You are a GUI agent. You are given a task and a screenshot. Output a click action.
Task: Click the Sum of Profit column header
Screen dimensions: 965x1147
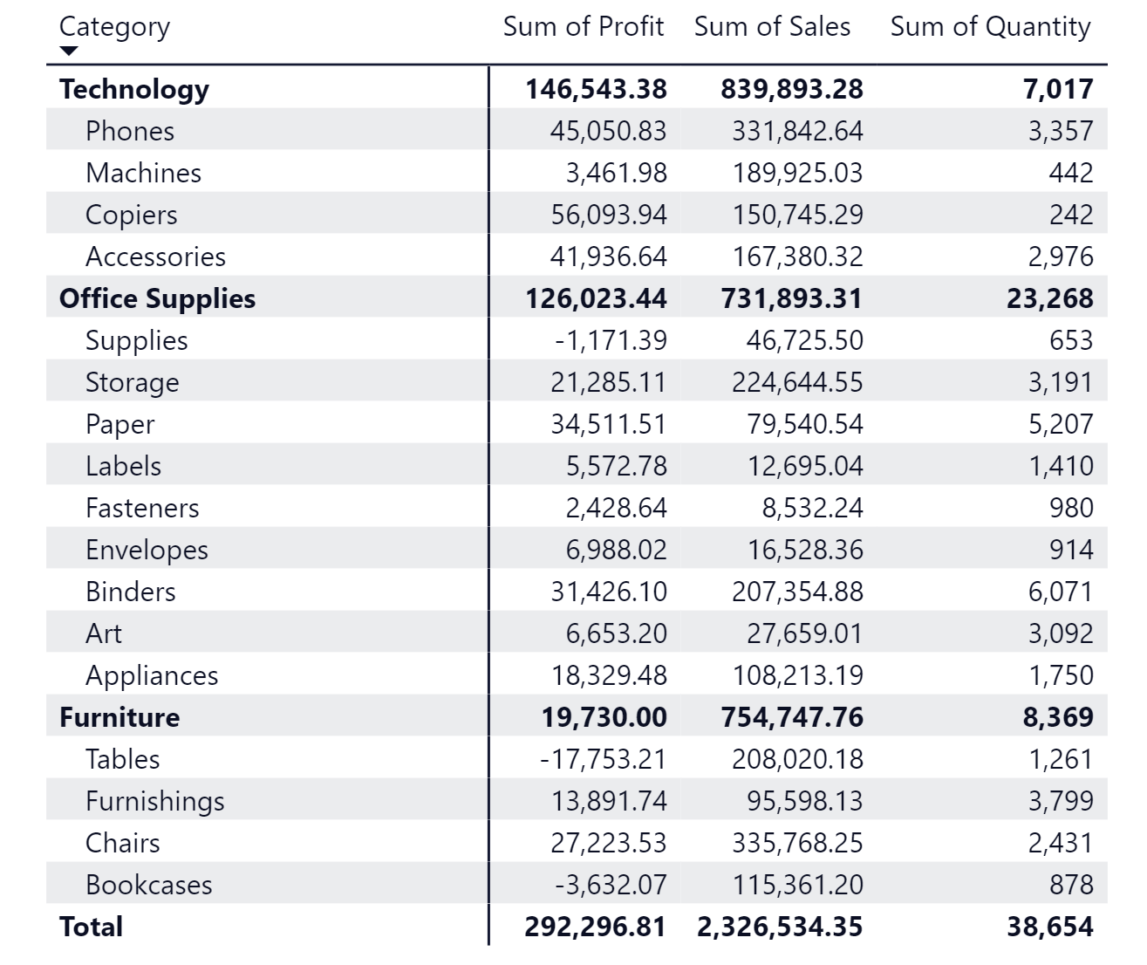583,27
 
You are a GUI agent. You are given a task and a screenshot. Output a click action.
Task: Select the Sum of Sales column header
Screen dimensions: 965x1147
772,27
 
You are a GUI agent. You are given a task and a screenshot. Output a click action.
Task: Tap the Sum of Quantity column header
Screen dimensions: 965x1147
990,27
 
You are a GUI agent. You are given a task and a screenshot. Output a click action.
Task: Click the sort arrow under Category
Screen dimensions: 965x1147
69,51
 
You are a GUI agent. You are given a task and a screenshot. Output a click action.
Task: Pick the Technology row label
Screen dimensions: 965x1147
134,89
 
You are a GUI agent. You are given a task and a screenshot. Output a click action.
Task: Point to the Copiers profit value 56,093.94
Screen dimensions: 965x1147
608,215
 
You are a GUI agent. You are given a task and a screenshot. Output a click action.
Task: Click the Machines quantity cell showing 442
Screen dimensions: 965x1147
1070,173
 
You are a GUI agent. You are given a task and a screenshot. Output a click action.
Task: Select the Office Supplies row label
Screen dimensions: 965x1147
157,298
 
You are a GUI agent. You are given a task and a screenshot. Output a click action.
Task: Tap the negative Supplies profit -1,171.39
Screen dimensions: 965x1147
610,340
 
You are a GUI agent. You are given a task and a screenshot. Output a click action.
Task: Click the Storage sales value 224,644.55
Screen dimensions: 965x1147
796,382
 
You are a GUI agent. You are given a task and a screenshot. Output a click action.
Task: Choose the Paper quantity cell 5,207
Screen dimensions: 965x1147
1060,424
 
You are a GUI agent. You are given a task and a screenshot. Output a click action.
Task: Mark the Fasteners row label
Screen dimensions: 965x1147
142,508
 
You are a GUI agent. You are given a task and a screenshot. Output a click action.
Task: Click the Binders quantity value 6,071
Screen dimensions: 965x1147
1060,592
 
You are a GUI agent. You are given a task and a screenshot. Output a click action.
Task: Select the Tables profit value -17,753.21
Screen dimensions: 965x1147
603,759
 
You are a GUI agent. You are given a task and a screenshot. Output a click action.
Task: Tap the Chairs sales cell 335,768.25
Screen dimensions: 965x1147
796,843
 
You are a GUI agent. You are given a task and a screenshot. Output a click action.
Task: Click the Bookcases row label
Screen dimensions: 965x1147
149,885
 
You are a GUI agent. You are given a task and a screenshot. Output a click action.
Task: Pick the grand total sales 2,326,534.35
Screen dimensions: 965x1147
780,927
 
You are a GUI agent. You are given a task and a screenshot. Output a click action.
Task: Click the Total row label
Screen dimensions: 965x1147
91,927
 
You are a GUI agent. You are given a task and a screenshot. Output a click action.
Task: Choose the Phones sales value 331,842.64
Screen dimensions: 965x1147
796,131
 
